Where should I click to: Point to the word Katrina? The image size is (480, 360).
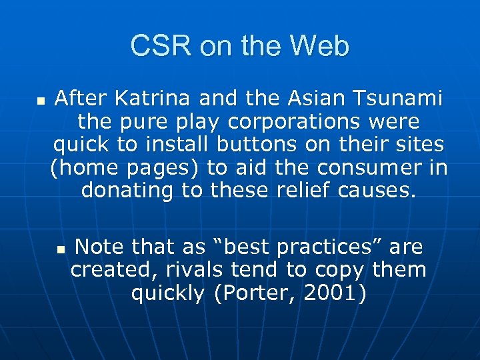pyautogui.click(x=147, y=99)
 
